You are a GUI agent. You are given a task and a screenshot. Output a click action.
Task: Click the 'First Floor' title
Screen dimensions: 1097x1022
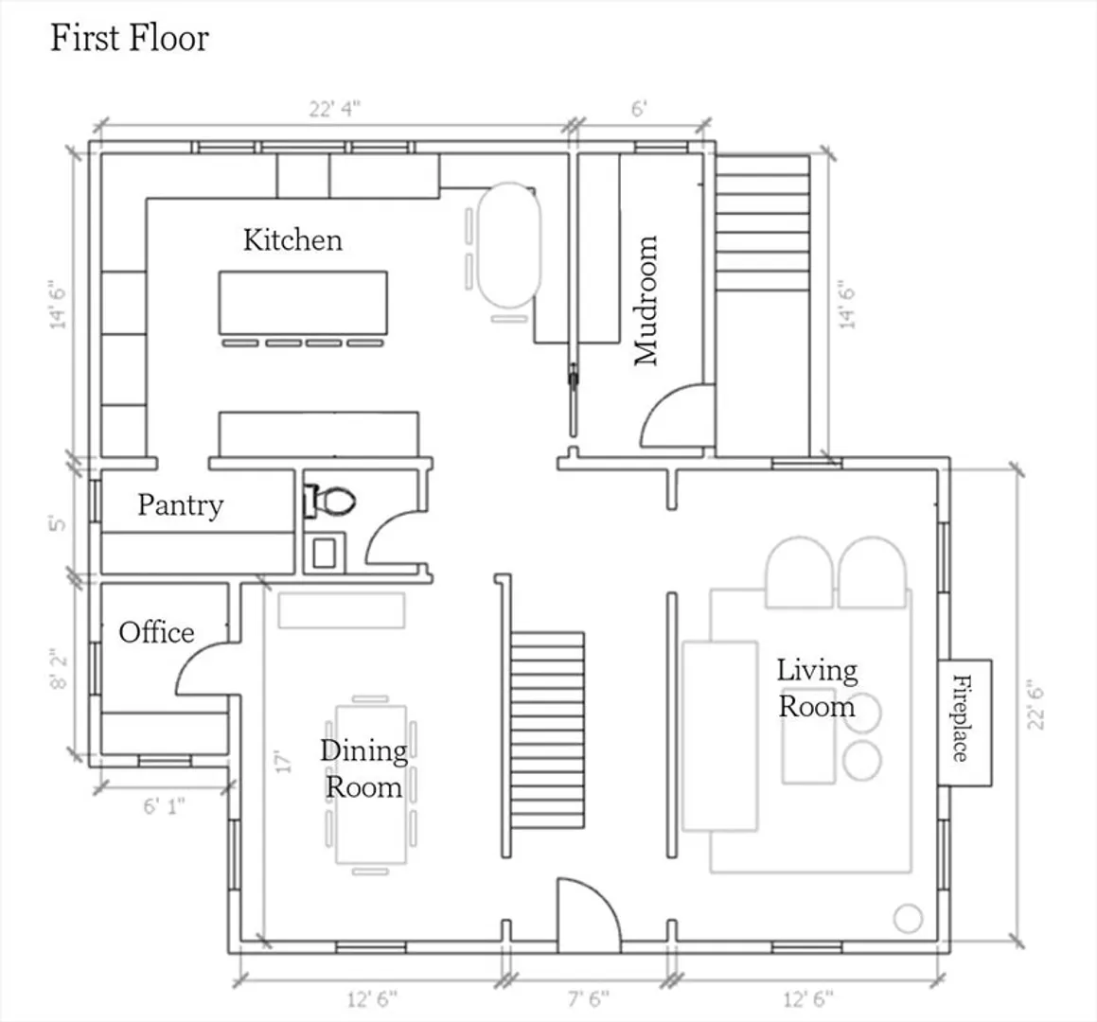(x=130, y=38)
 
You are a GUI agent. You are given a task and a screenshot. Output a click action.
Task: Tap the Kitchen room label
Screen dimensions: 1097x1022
(x=292, y=240)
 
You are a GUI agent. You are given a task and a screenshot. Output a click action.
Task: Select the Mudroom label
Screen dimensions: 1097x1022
(x=646, y=300)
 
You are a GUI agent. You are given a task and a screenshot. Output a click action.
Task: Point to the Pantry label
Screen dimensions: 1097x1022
(x=181, y=504)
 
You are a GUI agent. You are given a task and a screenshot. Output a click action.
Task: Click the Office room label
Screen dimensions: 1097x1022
(x=157, y=632)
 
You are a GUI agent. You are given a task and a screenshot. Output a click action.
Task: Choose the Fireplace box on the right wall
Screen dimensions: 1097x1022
(x=964, y=722)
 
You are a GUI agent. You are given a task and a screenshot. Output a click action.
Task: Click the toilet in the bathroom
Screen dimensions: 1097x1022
(x=330, y=501)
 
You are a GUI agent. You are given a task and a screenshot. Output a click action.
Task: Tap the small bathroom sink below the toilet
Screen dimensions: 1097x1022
(x=324, y=553)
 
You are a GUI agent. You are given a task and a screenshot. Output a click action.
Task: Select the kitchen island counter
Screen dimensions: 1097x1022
(x=303, y=302)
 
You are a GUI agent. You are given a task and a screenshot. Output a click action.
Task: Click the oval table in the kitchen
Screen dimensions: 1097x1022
(x=509, y=245)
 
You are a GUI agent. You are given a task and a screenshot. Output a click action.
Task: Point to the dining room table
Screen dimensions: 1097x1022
(x=371, y=784)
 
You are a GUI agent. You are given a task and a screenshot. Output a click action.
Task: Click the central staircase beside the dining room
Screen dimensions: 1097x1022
(x=547, y=731)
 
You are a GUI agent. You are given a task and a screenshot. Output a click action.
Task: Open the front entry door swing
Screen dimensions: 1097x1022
(x=589, y=914)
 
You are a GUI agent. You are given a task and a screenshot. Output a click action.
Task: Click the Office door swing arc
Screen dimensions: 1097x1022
(x=203, y=668)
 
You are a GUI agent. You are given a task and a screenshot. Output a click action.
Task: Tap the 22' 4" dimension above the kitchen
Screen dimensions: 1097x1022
(x=335, y=109)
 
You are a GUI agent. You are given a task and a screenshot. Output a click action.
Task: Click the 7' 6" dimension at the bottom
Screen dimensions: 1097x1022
(x=589, y=998)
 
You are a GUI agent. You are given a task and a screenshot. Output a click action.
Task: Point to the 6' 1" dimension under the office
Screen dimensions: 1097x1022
(x=165, y=806)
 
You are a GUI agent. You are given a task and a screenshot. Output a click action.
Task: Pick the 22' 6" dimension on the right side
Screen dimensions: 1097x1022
(x=1036, y=708)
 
